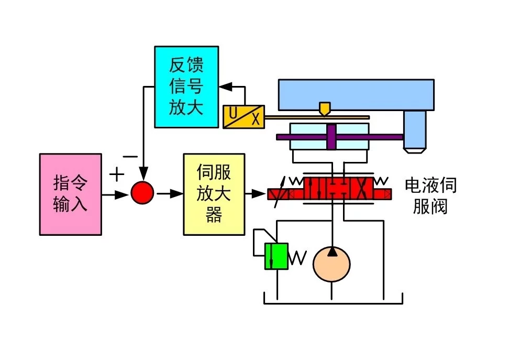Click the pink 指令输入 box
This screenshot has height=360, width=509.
coord(70,194)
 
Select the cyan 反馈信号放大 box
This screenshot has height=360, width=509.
coord(186,86)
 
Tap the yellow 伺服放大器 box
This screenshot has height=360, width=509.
coord(214,194)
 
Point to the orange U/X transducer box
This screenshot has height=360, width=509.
coord(244,117)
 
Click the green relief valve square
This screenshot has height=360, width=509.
coord(276,256)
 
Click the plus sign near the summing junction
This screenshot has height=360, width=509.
coord(116,173)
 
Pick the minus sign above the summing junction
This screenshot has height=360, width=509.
coord(130,156)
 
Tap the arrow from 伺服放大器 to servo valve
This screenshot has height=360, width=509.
coord(256,194)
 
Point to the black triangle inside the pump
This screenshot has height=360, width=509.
coord(331,253)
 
